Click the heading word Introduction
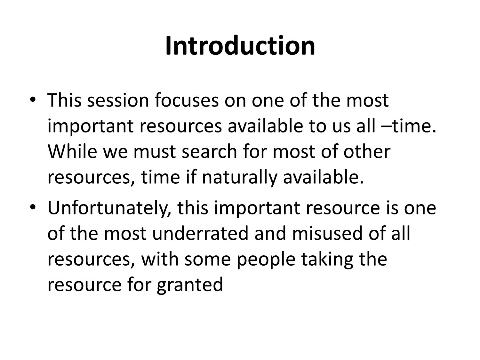(x=240, y=46)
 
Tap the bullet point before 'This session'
(x=33, y=100)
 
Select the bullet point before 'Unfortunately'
(x=33, y=207)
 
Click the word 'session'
(x=118, y=100)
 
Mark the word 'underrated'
(x=201, y=234)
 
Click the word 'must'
(x=155, y=152)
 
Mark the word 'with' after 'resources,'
(x=160, y=259)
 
